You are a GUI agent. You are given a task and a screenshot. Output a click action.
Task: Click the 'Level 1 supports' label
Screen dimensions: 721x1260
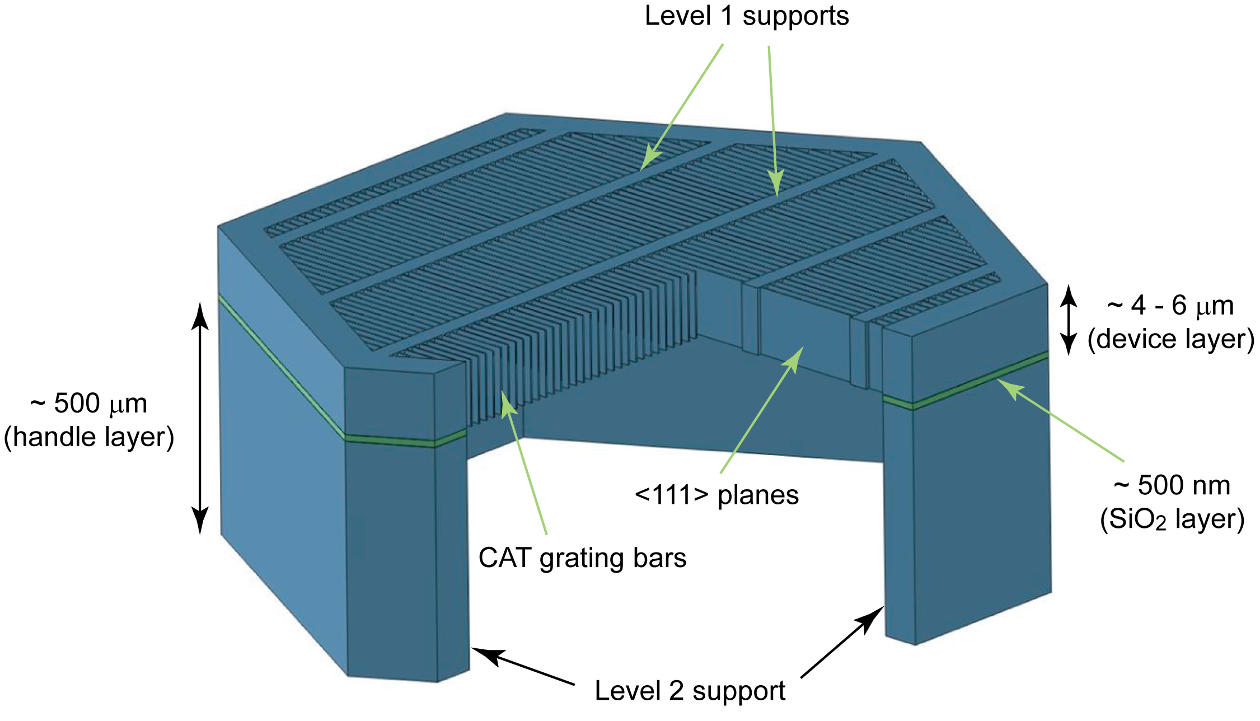[x=746, y=16]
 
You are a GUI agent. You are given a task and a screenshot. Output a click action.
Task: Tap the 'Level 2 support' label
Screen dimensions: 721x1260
[x=690, y=691]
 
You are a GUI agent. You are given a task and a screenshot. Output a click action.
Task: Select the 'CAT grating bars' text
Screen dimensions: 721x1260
[x=582, y=558]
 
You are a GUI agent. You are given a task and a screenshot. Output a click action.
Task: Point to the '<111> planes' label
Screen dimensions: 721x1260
[x=716, y=495]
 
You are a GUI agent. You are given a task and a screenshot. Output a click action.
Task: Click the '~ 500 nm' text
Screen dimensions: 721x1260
[x=1172, y=485]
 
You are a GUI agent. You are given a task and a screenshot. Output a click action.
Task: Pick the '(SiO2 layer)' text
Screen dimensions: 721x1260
[x=1172, y=519]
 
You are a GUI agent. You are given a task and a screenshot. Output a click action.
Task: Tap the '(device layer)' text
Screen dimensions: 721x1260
[x=1170, y=339]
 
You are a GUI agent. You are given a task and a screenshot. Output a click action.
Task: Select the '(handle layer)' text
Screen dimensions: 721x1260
[x=89, y=437]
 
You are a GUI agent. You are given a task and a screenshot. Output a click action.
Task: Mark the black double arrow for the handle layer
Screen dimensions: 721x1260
[x=200, y=417]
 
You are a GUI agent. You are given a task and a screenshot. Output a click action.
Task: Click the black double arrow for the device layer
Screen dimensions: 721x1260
[x=1068, y=320]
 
